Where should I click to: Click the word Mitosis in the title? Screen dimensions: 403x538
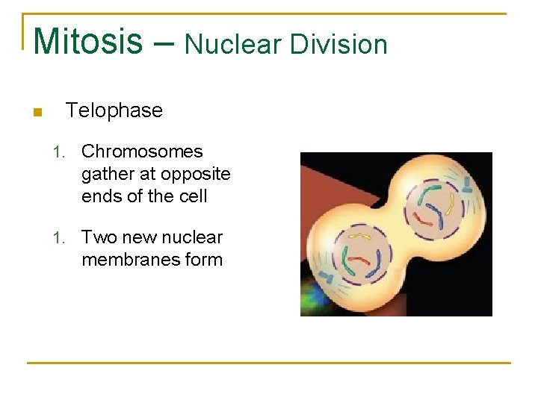pyautogui.click(x=87, y=41)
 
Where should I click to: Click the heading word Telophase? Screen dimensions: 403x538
pyautogui.click(x=114, y=110)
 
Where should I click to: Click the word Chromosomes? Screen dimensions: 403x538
pyautogui.click(x=142, y=151)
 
